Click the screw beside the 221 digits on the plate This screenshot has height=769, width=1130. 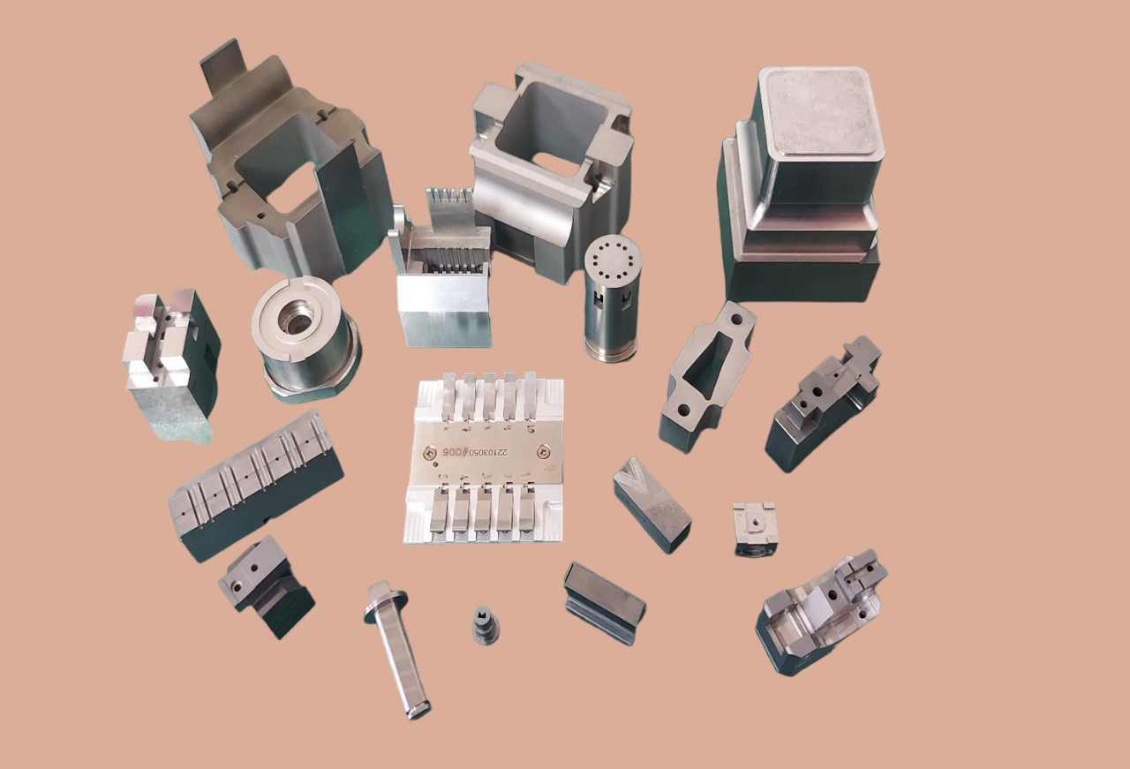[x=541, y=451]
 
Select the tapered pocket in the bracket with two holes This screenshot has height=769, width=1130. [x=707, y=367]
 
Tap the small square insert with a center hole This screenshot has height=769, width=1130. [x=754, y=526]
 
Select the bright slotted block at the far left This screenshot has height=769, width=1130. [x=168, y=362]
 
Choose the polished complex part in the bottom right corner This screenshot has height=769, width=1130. [x=821, y=614]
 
